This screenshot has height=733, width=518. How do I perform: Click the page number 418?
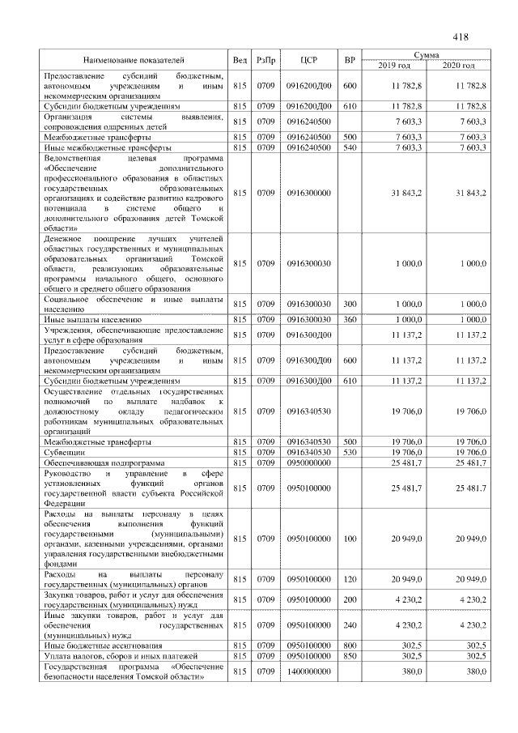(x=461, y=36)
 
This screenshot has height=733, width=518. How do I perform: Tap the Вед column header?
(x=240, y=60)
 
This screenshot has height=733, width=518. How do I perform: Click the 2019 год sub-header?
(x=393, y=65)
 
